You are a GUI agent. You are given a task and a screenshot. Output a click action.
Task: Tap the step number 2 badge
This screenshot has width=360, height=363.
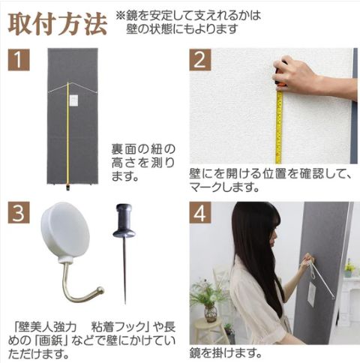coord(200,59)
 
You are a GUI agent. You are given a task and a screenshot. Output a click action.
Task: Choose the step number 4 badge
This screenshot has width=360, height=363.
coord(200,212)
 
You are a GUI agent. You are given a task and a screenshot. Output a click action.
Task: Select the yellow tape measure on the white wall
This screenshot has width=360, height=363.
coord(279,127)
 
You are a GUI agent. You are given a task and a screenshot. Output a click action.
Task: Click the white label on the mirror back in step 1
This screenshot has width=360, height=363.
coord(72,100)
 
